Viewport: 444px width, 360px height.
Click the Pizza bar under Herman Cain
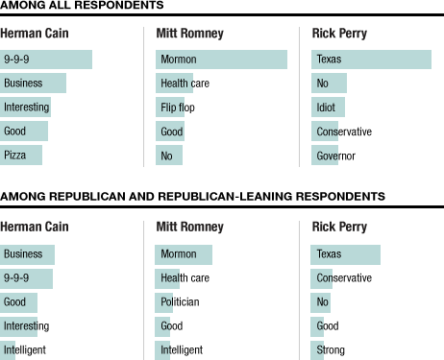[21, 155]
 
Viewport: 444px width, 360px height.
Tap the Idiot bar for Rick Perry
[328, 107]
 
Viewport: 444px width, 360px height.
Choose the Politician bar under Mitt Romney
[164, 301]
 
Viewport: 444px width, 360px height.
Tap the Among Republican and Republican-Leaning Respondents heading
[192, 196]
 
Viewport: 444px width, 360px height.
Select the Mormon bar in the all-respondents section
[221, 60]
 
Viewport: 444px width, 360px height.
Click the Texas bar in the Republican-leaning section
[345, 254]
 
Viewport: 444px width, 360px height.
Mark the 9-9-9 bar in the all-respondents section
[46, 60]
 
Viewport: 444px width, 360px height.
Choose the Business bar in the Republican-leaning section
[27, 254]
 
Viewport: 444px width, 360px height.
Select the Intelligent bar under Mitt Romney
[162, 349]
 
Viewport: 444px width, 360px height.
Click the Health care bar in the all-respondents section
[174, 84]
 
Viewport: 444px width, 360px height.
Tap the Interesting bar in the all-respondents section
[25, 107]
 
